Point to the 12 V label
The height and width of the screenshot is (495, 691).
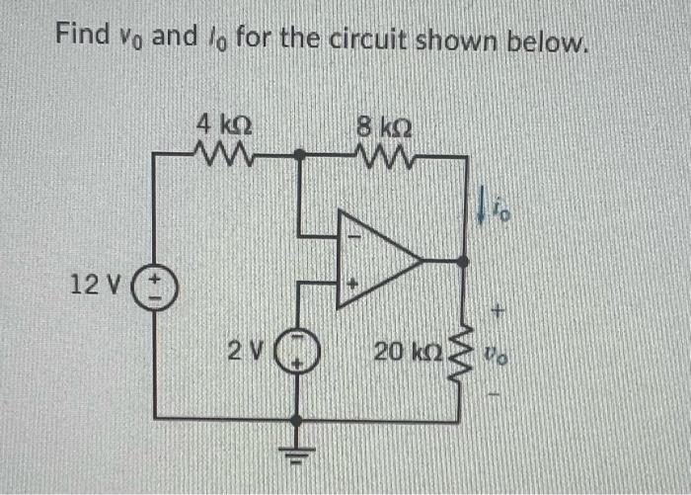(96, 286)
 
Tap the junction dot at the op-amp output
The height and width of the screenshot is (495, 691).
(465, 261)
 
